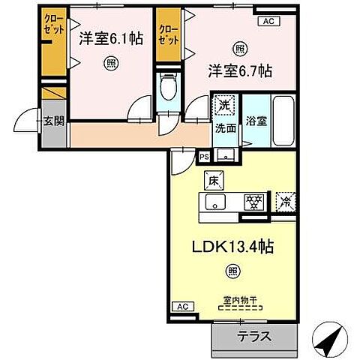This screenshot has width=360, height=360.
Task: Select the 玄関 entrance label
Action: click(51, 121)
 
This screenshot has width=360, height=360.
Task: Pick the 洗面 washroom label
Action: click(225, 128)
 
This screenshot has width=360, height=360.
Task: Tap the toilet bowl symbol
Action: click(169, 91)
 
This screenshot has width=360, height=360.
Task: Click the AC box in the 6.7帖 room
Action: click(267, 22)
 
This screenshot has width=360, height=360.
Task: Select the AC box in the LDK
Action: click(182, 306)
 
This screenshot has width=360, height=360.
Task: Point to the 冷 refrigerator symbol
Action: click(284, 200)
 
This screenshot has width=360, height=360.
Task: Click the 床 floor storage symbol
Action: click(212, 179)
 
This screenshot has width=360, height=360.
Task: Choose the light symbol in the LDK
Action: click(234, 271)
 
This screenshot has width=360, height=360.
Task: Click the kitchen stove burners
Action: click(254, 201)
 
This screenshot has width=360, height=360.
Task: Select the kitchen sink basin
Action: click(216, 201)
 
